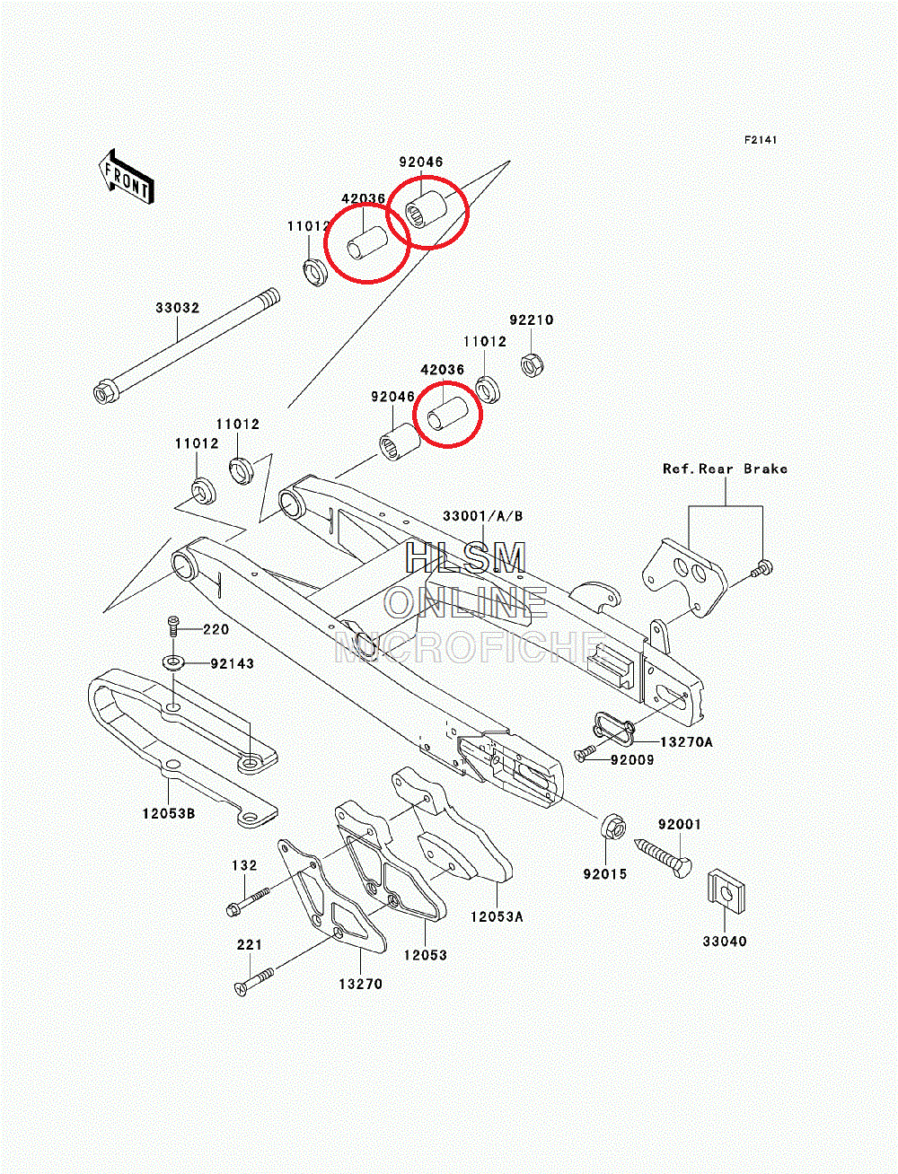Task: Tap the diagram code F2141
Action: tap(760, 140)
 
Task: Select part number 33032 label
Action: tap(177, 308)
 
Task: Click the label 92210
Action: tap(532, 320)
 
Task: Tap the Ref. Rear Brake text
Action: tap(725, 469)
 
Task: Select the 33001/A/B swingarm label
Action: tap(482, 516)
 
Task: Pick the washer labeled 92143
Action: tap(173, 663)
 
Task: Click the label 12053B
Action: tap(168, 813)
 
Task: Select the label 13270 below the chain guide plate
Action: tap(360, 984)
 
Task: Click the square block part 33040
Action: tap(726, 891)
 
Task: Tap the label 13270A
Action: tap(686, 742)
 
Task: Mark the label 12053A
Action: tap(496, 916)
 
